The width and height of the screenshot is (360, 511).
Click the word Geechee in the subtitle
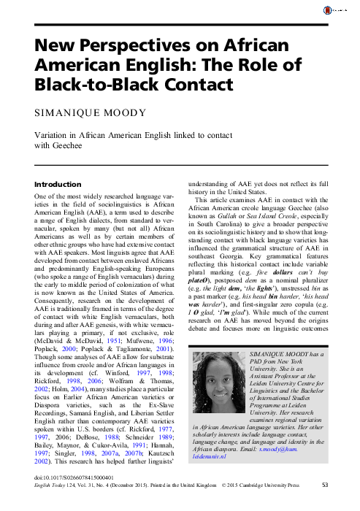pos(68,147)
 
